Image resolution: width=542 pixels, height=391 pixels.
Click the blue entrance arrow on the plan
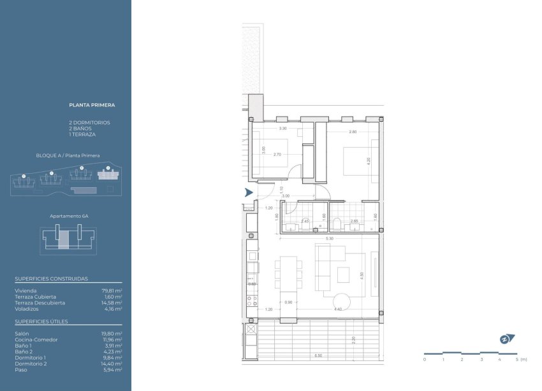point(249,192)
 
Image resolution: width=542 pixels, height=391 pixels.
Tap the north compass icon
point(507,339)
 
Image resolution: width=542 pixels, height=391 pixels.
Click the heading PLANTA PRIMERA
point(92,104)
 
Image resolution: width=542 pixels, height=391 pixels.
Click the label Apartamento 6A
point(69,216)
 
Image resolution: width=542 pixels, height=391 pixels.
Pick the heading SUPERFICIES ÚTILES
point(41,322)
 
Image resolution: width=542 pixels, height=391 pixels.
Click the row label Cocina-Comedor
point(36,339)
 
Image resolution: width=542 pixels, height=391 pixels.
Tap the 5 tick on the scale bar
point(517,360)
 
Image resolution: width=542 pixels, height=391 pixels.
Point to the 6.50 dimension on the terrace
point(317,355)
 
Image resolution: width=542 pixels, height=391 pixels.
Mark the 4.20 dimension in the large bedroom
point(368,161)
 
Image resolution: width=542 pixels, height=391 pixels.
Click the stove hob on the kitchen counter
point(253,301)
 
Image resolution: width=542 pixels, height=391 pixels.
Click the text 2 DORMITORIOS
point(89,122)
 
